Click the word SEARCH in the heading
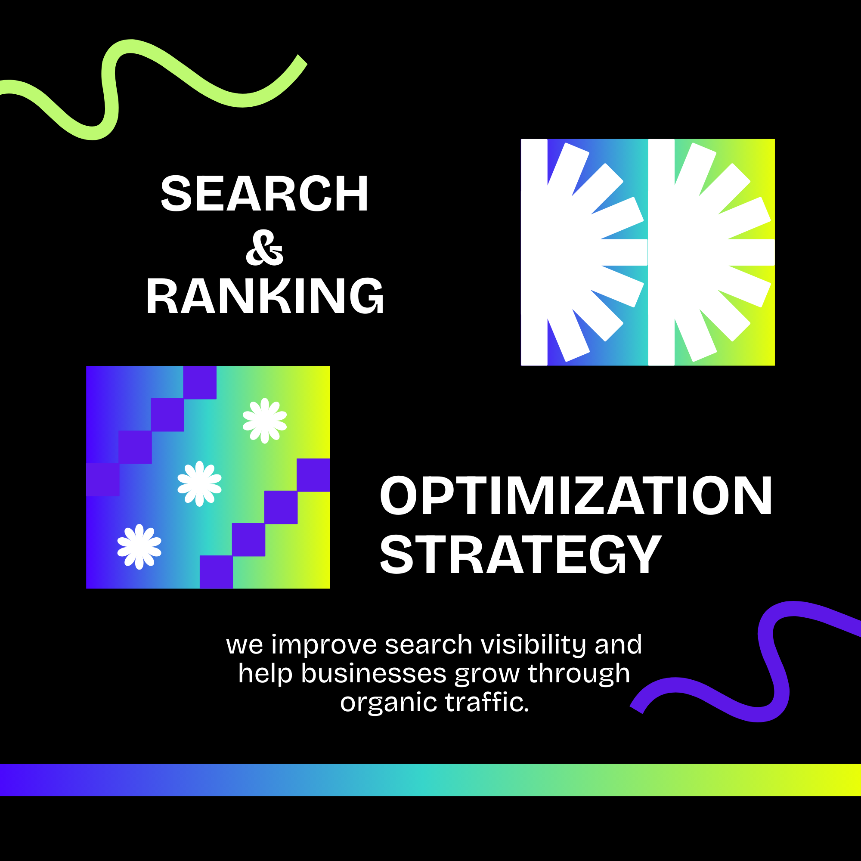coord(264,193)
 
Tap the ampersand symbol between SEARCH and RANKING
coord(264,248)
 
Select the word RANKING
coord(265,295)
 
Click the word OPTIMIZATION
coord(575,495)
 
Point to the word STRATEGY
coord(520,555)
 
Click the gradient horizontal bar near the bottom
coord(430,780)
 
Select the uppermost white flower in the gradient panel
coord(265,421)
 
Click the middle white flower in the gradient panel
coord(200,483)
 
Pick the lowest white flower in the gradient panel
coord(139,547)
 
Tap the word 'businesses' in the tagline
coord(373,673)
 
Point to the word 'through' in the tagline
coord(579,674)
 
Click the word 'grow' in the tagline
coord(487,675)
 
